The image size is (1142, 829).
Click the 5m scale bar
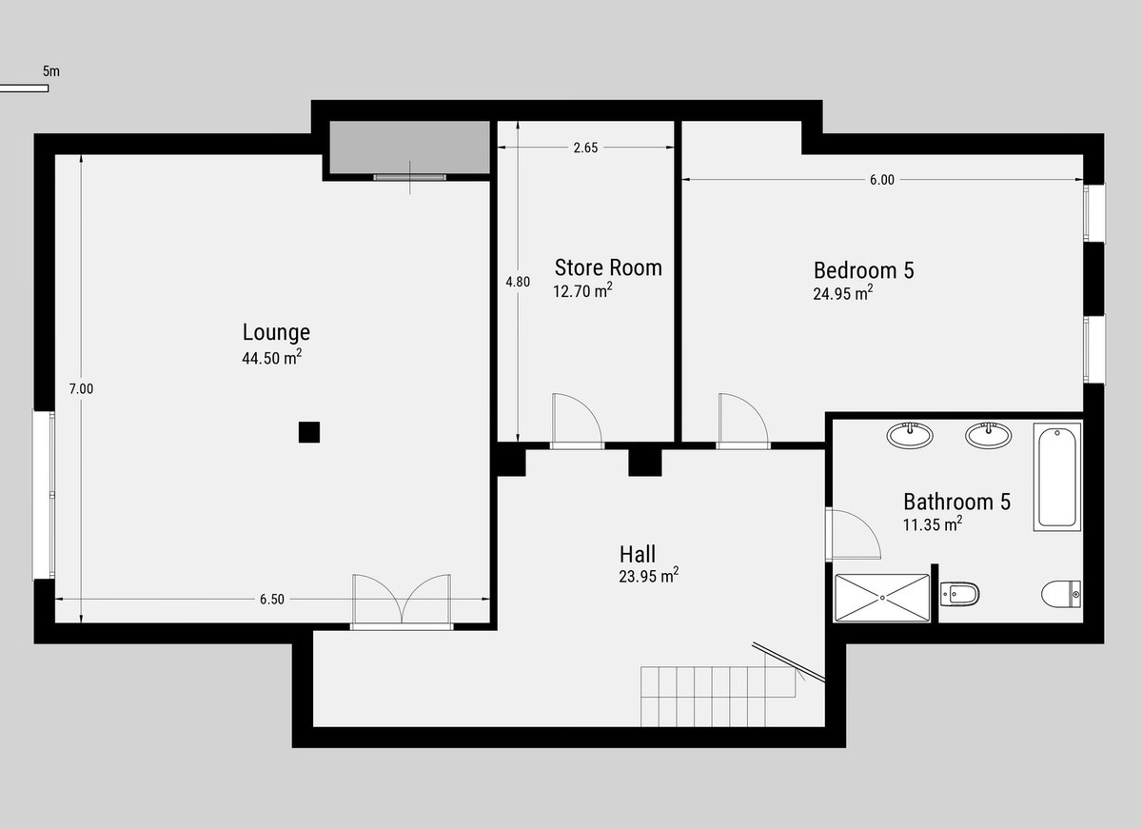[24, 89]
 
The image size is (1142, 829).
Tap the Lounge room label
[276, 332]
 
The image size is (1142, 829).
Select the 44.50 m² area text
[272, 358]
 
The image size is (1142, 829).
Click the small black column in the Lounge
[308, 432]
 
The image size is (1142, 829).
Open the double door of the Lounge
[402, 601]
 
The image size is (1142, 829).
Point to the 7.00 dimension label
[81, 388]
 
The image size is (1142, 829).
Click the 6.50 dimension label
[272, 599]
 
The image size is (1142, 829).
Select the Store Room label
[608, 267]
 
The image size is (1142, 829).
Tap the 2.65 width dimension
[585, 148]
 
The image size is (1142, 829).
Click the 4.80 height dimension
[517, 282]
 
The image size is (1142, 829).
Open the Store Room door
[576, 422]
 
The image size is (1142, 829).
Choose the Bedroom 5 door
[740, 422]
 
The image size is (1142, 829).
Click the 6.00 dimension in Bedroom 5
[881, 180]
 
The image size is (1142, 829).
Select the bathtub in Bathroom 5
[1057, 476]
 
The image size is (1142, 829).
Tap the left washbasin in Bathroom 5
[910, 436]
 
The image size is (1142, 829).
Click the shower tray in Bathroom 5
[882, 598]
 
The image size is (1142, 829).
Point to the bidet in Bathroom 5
[959, 596]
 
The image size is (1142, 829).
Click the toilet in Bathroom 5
[1062, 596]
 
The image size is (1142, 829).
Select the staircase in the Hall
[718, 695]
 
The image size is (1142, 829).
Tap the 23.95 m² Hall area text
[648, 576]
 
